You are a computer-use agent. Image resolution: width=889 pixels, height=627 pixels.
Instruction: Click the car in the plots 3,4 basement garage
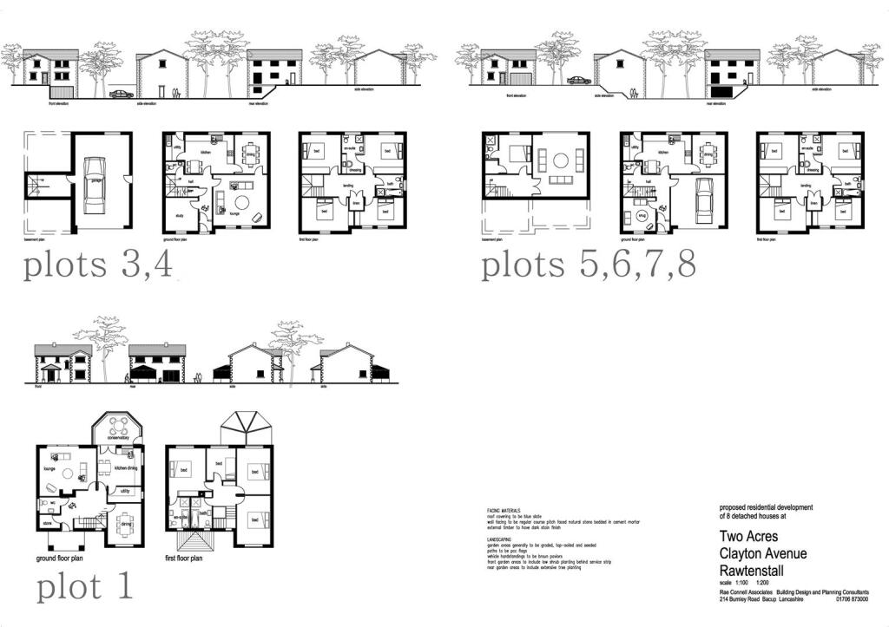coord(95,183)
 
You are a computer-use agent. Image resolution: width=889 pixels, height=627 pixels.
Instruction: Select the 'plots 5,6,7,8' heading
coord(589,265)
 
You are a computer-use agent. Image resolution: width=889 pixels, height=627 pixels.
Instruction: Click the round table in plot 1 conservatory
coord(119,426)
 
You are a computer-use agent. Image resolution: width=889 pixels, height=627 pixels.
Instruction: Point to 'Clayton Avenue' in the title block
coord(763,553)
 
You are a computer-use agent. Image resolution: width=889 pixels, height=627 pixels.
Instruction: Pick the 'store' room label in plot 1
coord(45,522)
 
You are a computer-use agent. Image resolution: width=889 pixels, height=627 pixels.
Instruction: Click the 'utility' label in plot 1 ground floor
coord(125,492)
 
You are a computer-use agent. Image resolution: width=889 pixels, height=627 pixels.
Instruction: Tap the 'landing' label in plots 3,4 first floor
coord(346,185)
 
